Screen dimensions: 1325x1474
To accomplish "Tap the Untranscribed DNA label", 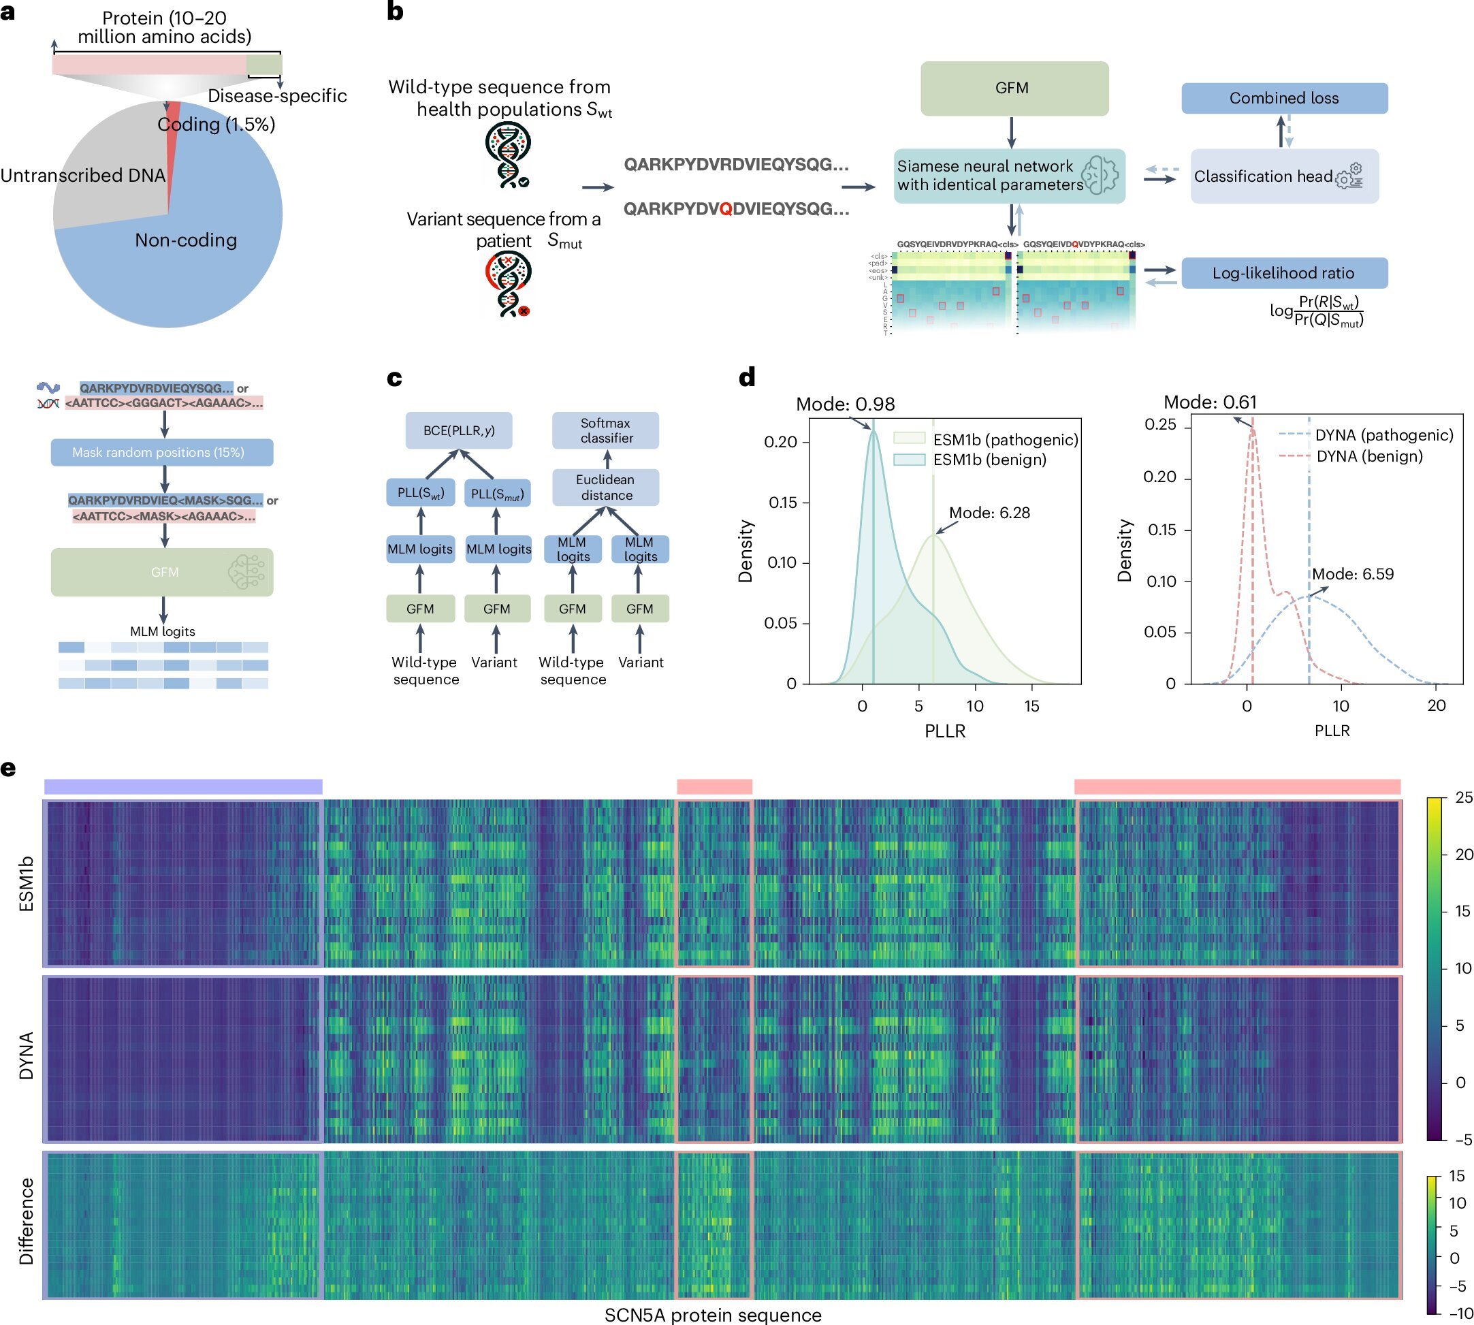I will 83,176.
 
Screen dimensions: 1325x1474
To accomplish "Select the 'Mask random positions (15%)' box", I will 161,452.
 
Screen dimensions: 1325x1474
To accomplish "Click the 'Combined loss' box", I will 1284,98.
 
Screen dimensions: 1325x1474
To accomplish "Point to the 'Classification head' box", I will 1284,176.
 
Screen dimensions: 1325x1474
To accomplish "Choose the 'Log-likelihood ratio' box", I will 1284,273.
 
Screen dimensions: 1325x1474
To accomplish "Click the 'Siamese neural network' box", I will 1009,176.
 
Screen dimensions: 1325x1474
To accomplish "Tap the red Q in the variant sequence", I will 725,209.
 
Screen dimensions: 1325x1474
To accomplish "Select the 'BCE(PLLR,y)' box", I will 459,430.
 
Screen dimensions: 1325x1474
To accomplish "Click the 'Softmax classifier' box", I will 606,430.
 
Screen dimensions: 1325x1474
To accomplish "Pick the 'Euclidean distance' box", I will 606,487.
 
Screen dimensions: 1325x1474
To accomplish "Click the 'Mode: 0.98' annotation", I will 845,404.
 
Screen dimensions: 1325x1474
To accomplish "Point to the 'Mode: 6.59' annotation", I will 1352,574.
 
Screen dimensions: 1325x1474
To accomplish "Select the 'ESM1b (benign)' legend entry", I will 989,460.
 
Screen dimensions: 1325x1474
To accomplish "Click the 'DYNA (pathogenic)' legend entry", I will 1383,434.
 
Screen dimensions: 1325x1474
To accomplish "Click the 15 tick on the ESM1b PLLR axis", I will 1031,705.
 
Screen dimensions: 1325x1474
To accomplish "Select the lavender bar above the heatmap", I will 182,786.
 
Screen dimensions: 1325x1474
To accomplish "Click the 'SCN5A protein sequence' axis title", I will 713,1315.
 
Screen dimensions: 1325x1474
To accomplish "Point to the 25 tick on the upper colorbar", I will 1463,797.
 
